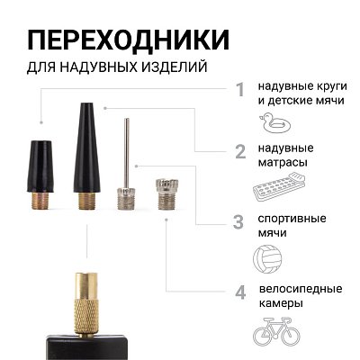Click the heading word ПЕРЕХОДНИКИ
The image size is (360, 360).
point(127,40)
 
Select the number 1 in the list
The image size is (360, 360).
point(240,89)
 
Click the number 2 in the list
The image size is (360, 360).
point(240,150)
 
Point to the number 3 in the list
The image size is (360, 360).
point(238,221)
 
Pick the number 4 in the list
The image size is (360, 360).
point(240,292)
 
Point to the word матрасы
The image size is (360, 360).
point(286,163)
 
